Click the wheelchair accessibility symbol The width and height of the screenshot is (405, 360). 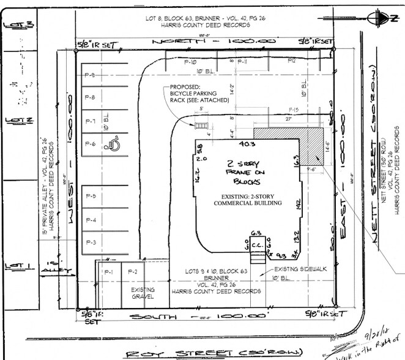click(113, 145)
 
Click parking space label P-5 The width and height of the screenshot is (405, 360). click(91, 197)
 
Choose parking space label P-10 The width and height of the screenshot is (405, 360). click(191, 62)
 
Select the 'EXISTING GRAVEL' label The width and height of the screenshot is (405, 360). click(142, 293)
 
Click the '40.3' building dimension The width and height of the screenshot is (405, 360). click(247, 145)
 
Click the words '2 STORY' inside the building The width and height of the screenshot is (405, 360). click(243, 163)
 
